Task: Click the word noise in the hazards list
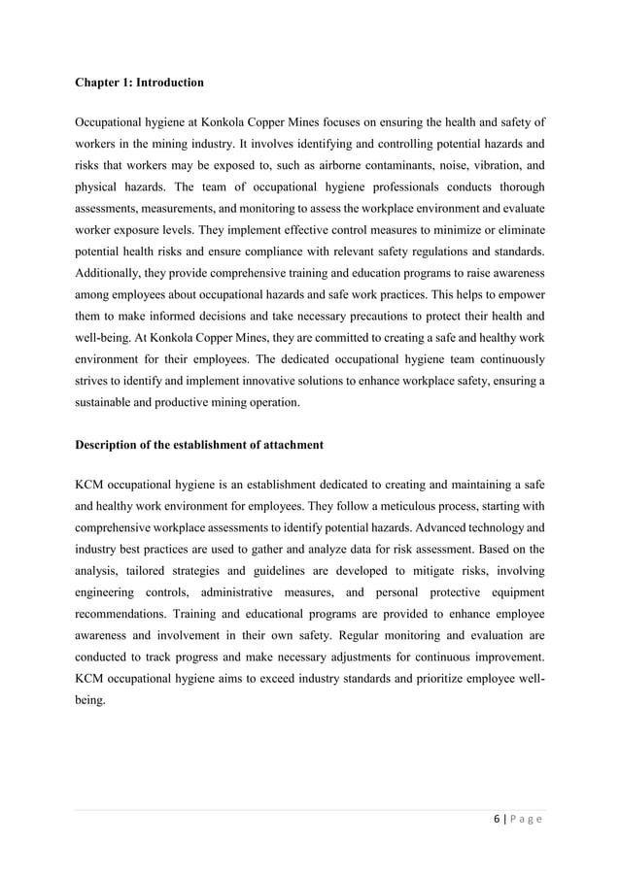pyautogui.click(x=436, y=165)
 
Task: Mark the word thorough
pyautogui.click(x=518, y=186)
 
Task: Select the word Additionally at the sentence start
pyautogui.click(x=110, y=272)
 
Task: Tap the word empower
pyautogui.click(x=521, y=293)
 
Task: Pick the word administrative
pyautogui.click(x=249, y=590)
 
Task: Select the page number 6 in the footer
pyautogui.click(x=496, y=821)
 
